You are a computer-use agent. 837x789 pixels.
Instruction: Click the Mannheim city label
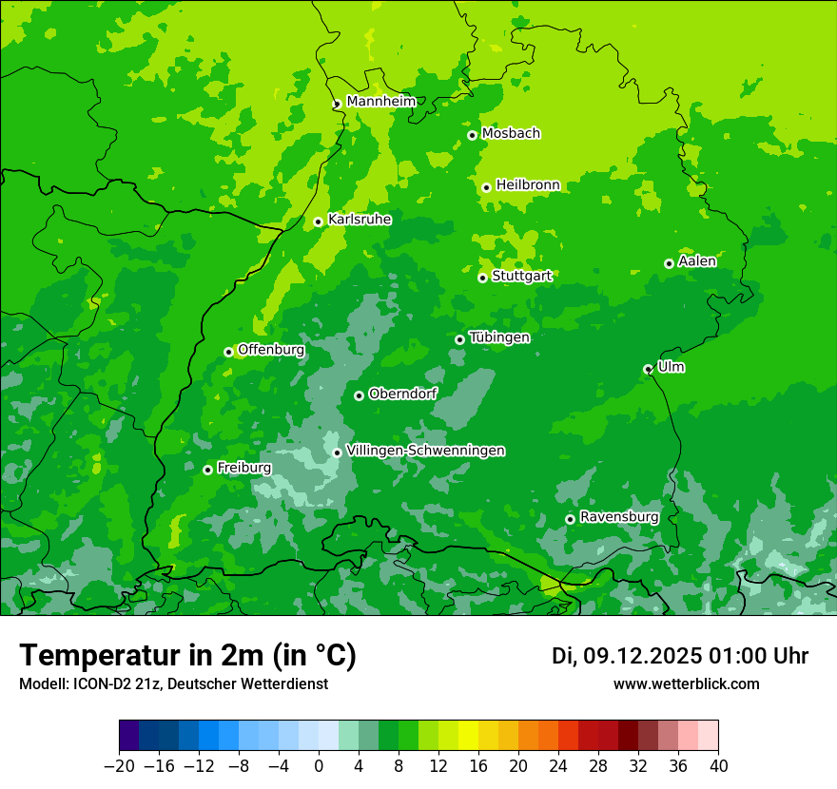pos(380,101)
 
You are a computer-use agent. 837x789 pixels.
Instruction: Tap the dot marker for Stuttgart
pos(483,278)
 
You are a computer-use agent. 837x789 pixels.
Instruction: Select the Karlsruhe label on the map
pos(359,220)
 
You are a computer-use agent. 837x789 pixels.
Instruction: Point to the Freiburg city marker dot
pos(207,470)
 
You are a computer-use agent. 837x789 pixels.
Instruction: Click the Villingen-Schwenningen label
pos(425,451)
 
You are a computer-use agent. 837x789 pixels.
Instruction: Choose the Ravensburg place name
pos(618,517)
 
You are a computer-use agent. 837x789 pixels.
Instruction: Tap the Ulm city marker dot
pos(648,369)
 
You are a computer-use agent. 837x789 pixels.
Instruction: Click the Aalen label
pos(697,261)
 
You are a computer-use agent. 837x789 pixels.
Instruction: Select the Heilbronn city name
pos(528,185)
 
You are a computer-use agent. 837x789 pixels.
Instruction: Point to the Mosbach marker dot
pos(472,135)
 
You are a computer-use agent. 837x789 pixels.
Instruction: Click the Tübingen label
pos(498,337)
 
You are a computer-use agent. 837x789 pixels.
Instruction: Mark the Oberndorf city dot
pos(359,395)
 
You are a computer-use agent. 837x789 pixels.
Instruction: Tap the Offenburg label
pos(271,350)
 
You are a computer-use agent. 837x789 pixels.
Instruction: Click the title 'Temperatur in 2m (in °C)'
pos(187,656)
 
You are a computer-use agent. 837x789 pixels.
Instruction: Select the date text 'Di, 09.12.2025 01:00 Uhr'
pos(680,656)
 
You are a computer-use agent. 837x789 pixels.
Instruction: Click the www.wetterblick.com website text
pos(686,683)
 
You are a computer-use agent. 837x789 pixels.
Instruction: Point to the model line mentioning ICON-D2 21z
pos(173,683)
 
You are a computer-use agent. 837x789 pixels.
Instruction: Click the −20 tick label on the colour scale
pos(119,766)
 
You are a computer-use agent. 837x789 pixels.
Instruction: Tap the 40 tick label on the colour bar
pos(718,766)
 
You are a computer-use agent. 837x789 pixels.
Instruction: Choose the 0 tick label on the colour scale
pos(319,766)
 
